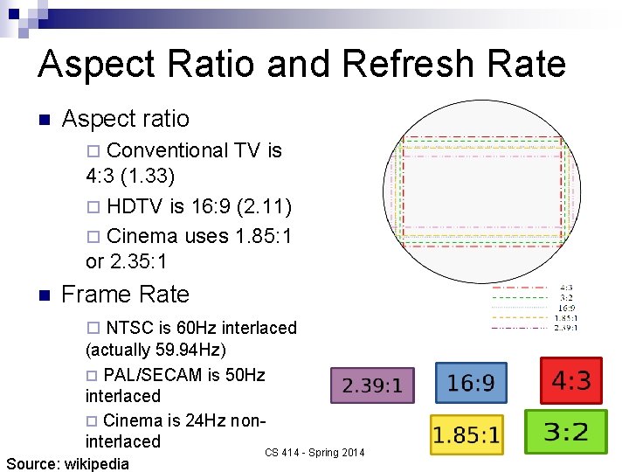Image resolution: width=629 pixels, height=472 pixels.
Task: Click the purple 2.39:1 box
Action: (372, 385)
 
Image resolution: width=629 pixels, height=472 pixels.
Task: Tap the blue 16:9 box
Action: (471, 383)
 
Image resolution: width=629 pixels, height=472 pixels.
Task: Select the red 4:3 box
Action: (571, 381)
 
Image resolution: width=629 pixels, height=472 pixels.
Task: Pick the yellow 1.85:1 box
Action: (467, 434)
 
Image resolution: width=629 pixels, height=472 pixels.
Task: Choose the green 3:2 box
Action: (565, 431)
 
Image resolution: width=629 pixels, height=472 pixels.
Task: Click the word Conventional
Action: (166, 151)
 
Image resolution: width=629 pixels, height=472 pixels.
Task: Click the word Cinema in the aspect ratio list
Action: (142, 236)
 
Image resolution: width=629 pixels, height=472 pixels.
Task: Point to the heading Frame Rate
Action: (125, 295)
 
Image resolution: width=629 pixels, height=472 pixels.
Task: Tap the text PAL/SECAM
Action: (153, 375)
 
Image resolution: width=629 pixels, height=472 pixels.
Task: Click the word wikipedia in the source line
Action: (96, 463)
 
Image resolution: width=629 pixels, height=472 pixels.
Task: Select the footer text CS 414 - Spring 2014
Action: (314, 452)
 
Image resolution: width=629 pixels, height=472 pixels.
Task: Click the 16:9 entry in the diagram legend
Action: (566, 308)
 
